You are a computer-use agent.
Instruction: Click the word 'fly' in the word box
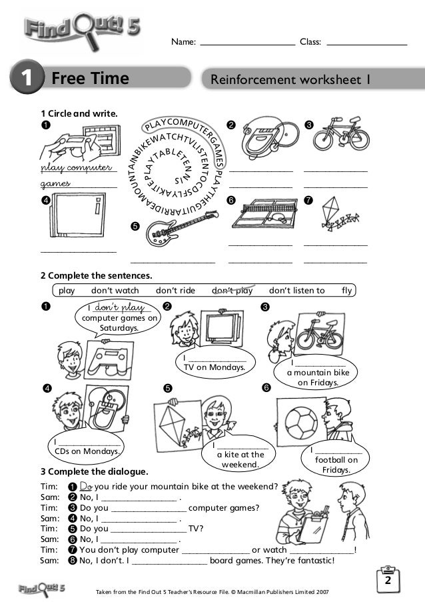click(x=346, y=290)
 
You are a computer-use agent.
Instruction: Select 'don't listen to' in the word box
click(x=296, y=290)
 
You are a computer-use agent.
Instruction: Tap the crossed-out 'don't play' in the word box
click(x=233, y=290)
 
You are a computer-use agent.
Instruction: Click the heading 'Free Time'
click(x=90, y=80)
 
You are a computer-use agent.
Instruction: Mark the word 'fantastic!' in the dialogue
click(x=309, y=560)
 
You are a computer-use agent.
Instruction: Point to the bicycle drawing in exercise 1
click(x=332, y=133)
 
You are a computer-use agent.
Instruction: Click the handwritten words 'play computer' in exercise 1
click(x=77, y=166)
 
